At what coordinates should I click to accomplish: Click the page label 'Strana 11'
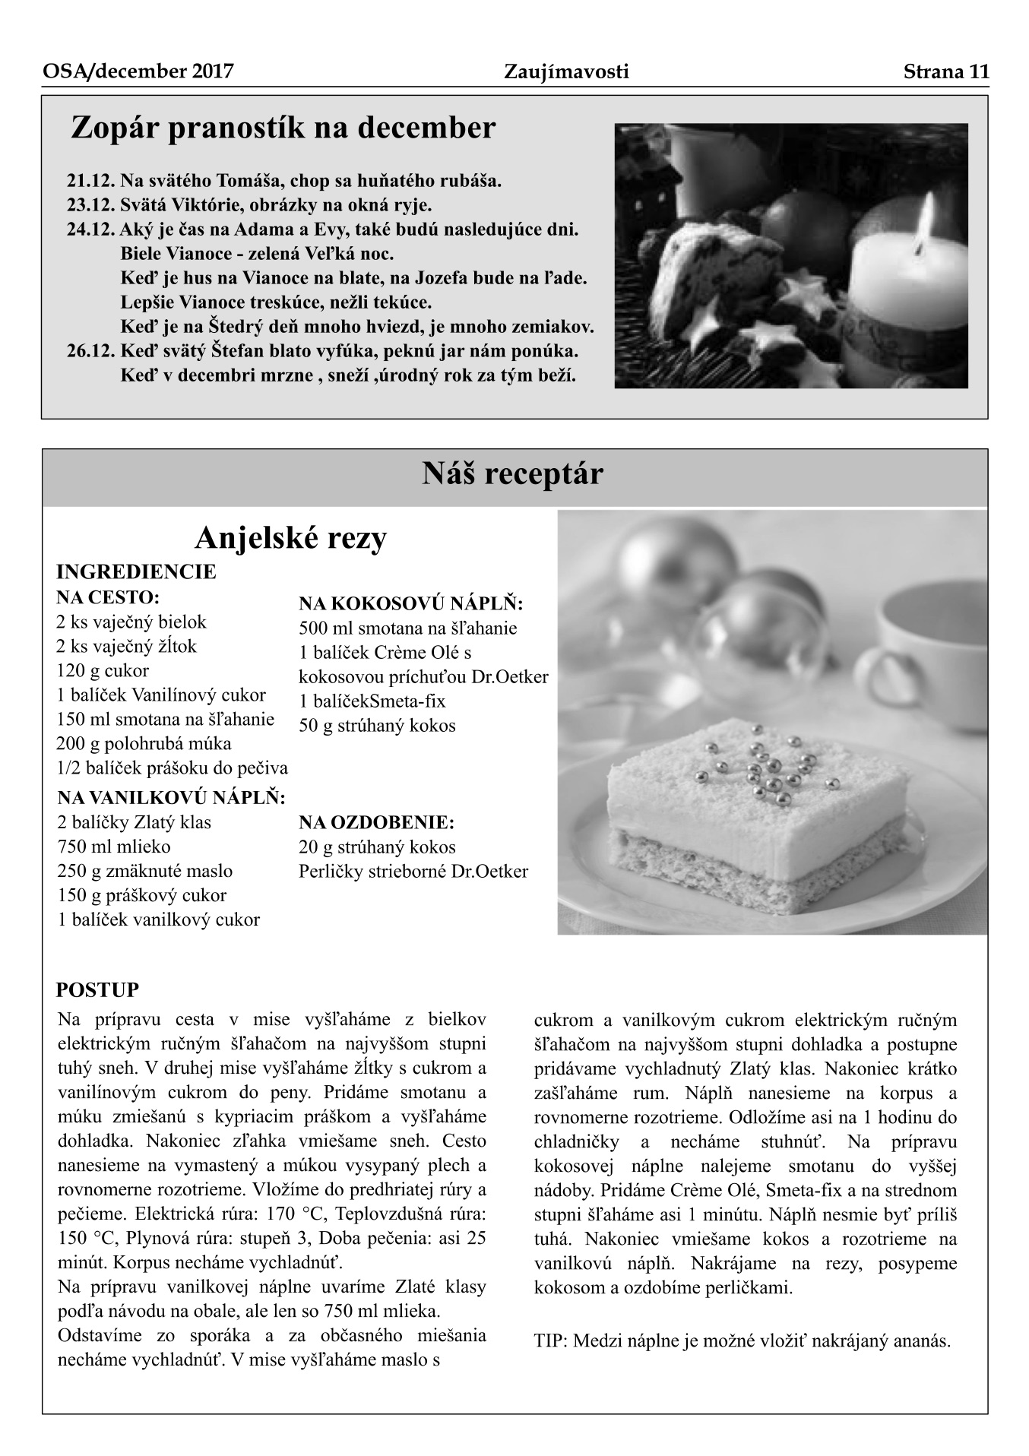pyautogui.click(x=945, y=72)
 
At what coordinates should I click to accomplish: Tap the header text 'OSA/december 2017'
pyautogui.click(x=138, y=72)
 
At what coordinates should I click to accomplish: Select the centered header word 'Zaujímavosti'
pyautogui.click(x=566, y=72)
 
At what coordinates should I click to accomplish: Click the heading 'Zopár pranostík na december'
pyautogui.click(x=283, y=128)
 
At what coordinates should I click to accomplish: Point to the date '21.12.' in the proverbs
pyautogui.click(x=91, y=182)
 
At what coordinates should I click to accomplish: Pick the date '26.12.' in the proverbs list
pyautogui.click(x=91, y=352)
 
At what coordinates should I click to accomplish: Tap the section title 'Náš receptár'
pyautogui.click(x=513, y=474)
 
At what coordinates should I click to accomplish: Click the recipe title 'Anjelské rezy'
pyautogui.click(x=291, y=538)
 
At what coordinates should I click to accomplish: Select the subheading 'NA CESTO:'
pyautogui.click(x=107, y=597)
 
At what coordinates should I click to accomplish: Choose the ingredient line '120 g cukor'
pyautogui.click(x=103, y=671)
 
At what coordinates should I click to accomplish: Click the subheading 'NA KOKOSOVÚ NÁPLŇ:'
pyautogui.click(x=411, y=604)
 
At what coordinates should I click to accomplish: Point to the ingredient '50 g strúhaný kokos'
pyautogui.click(x=377, y=726)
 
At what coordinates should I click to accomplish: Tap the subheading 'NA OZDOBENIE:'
pyautogui.click(x=376, y=823)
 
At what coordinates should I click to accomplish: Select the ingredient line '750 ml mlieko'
pyautogui.click(x=114, y=847)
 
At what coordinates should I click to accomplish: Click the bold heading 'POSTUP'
pyautogui.click(x=98, y=990)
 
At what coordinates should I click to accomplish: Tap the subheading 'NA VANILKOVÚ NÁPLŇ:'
pyautogui.click(x=171, y=798)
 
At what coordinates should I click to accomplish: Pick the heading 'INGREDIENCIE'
pyautogui.click(x=136, y=571)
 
